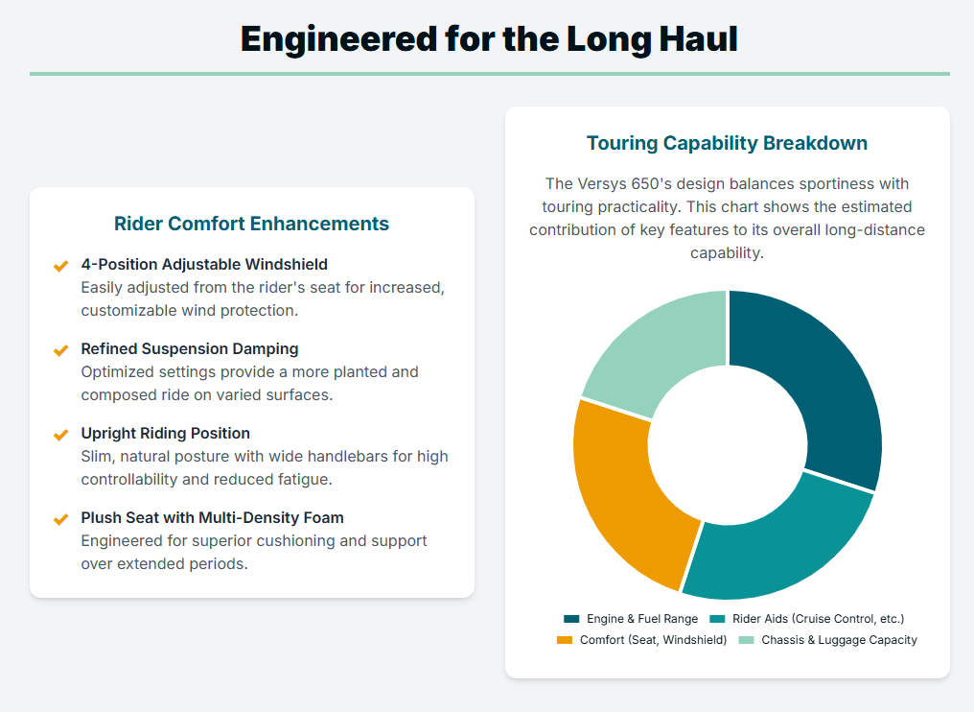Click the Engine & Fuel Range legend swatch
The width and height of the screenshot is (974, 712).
(571, 619)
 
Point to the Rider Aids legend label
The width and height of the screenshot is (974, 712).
(818, 619)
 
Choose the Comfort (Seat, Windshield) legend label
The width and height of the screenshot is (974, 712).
(653, 640)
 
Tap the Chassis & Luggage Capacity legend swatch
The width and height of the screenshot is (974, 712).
(746, 640)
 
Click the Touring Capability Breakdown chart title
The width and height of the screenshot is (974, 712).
(727, 143)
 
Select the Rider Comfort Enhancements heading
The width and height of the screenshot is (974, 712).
(251, 224)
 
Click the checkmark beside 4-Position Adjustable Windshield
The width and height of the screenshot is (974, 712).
(60, 266)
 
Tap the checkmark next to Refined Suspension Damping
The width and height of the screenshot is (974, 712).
(60, 350)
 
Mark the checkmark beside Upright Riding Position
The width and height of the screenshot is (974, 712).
(60, 435)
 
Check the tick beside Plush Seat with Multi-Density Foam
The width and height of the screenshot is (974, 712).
(60, 519)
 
